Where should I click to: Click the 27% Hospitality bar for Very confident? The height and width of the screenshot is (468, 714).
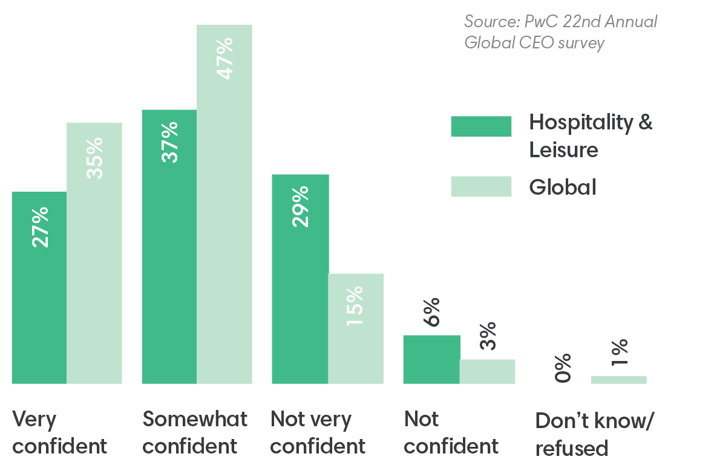click(x=39, y=287)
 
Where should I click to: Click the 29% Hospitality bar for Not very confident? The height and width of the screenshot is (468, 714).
click(x=300, y=279)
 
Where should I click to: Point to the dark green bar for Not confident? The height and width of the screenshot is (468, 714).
click(x=431, y=359)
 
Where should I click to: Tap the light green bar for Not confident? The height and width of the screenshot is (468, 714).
click(x=487, y=371)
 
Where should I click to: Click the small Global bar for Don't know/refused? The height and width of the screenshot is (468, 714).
click(x=618, y=380)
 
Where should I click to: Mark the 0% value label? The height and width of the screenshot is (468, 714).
click(x=563, y=368)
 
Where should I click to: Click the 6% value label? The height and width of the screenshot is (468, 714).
click(x=432, y=313)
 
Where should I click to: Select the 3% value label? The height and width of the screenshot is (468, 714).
click(x=488, y=336)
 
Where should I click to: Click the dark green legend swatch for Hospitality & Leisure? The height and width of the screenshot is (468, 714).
click(x=481, y=126)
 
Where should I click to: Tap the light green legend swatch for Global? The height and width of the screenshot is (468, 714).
click(x=481, y=187)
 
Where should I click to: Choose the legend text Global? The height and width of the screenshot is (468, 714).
click(x=563, y=187)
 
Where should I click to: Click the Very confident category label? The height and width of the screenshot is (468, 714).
click(x=59, y=432)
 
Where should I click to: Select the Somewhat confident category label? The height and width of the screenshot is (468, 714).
click(x=195, y=432)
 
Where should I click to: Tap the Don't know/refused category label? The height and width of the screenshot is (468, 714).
click(x=594, y=434)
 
